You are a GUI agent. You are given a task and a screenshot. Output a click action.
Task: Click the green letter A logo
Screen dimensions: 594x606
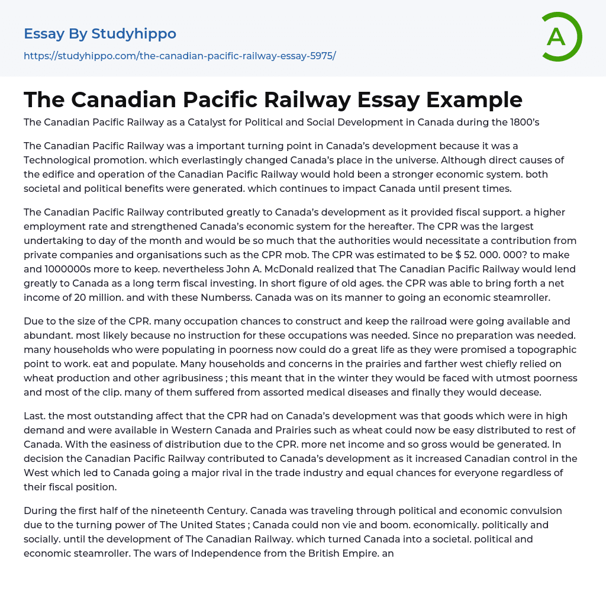561,37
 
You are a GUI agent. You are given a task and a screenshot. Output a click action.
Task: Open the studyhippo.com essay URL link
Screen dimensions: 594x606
179,56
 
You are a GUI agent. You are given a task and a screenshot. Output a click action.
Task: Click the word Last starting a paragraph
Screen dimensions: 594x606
34,416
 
